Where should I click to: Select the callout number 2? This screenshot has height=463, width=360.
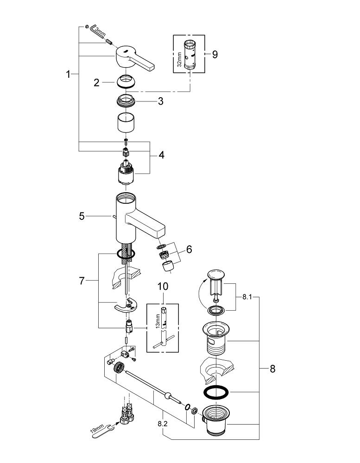[96, 83]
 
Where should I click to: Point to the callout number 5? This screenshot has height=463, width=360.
[82, 216]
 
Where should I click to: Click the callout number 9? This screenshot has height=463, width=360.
[215, 54]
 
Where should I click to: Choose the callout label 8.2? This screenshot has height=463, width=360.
[163, 423]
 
